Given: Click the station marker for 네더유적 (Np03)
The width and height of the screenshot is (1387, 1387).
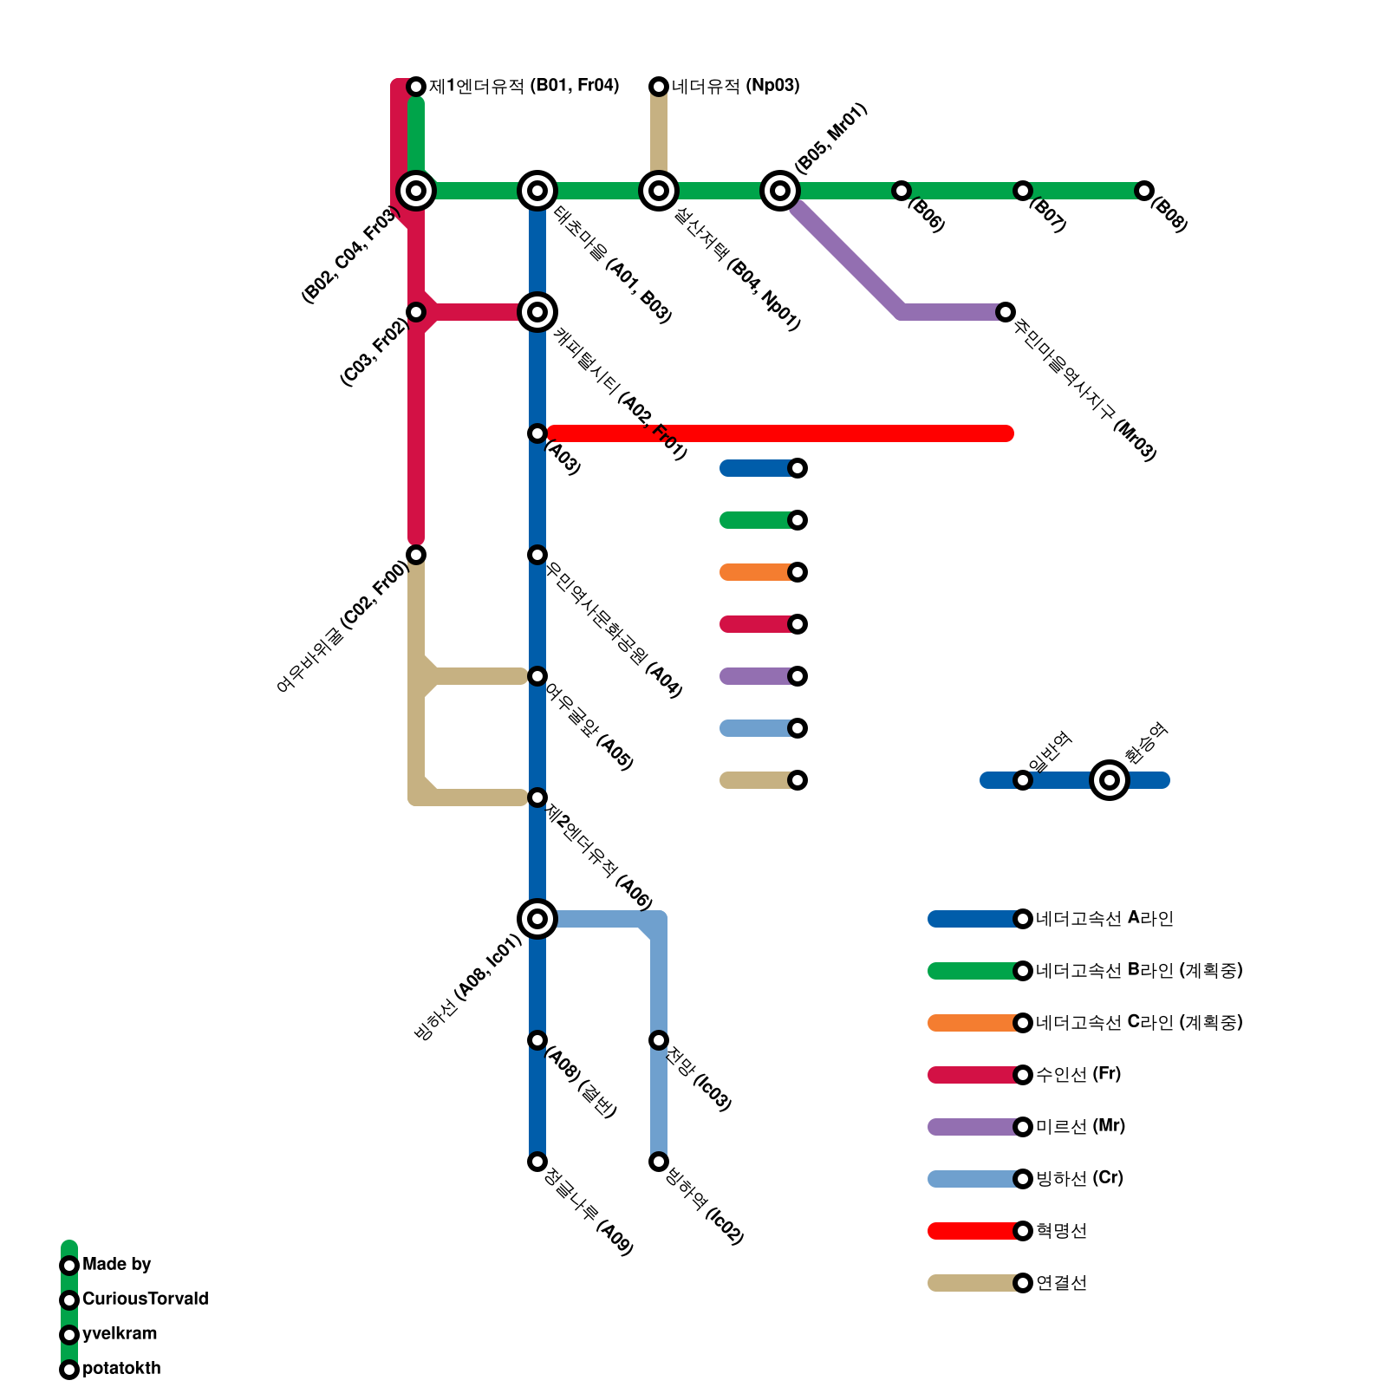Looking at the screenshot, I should (x=659, y=86).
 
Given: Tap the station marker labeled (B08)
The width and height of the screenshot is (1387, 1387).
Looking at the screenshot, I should (x=1144, y=191).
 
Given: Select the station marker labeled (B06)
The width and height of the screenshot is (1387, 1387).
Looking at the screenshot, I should (x=902, y=191).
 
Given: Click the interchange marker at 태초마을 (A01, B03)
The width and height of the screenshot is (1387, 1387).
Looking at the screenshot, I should (x=537, y=191).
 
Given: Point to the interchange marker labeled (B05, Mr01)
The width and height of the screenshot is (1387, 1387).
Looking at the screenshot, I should (x=780, y=191).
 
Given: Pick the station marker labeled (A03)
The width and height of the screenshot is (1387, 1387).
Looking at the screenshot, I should (x=537, y=433).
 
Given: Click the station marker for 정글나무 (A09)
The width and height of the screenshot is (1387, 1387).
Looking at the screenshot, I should (x=537, y=1162).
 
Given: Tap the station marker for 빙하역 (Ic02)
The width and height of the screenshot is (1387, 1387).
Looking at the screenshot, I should (x=659, y=1162).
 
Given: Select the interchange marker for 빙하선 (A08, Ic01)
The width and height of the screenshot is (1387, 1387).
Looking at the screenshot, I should (x=537, y=919).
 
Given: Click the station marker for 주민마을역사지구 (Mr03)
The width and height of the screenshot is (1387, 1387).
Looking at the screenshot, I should (x=1006, y=312).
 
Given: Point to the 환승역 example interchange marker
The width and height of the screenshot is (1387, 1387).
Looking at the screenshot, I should (x=1110, y=780).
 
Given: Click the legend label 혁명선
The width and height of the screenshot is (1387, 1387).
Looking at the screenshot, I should (x=1061, y=1231).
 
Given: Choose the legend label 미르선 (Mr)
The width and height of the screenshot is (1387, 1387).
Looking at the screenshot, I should (x=1080, y=1127).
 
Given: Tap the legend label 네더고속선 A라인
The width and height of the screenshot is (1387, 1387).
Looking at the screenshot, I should (x=1104, y=919).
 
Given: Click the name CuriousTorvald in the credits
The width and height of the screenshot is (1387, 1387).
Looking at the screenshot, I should (x=145, y=1299).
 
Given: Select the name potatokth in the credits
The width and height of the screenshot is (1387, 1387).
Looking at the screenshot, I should (x=121, y=1369).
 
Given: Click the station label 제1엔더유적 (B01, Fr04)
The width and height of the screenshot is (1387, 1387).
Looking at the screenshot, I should (x=524, y=86).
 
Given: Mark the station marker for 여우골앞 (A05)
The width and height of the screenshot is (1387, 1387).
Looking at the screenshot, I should (x=537, y=676).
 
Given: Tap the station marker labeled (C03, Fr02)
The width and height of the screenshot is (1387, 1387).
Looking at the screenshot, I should (x=416, y=312).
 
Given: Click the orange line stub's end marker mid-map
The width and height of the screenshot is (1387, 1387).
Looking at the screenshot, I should (x=798, y=572).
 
